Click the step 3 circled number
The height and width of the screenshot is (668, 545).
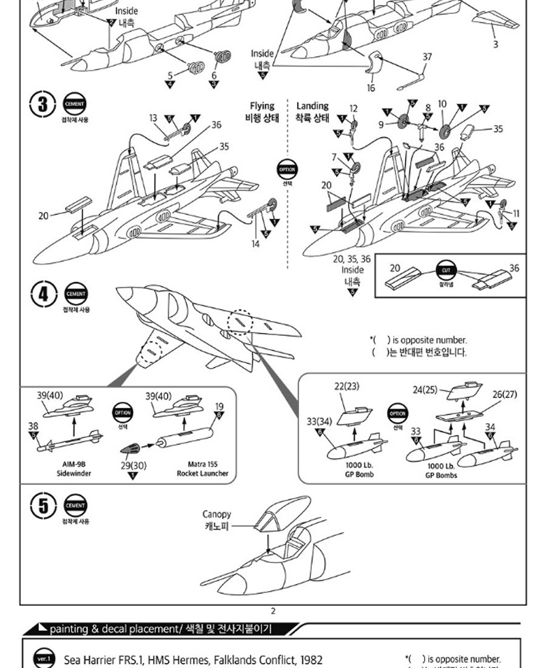point(43,104)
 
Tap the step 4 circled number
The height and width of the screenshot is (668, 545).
point(43,294)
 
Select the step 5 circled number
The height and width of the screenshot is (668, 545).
point(43,506)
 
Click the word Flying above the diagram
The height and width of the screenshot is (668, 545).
point(262,106)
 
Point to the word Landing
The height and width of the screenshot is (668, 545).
point(312,106)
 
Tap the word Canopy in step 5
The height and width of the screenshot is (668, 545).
point(217,514)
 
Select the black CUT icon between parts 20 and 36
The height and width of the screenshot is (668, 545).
point(446,270)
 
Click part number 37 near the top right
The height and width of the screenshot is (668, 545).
point(427,57)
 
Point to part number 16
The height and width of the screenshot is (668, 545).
point(371,88)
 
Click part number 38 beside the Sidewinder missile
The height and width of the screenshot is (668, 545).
point(33,425)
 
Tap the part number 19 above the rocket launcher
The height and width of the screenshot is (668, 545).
point(219,406)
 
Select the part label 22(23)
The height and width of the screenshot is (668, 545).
point(347,385)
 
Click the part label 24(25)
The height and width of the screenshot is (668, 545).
point(425,389)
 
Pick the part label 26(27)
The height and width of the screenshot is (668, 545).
point(504,395)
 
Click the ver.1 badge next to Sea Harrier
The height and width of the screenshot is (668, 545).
point(43,659)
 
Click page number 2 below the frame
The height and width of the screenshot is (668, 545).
point(273,611)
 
